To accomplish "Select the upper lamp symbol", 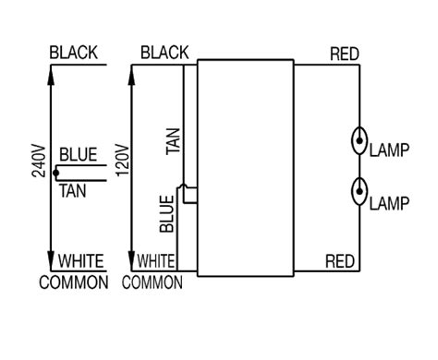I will point(357,143).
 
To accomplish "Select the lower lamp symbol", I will point(357,194).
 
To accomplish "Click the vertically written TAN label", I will point(173,141).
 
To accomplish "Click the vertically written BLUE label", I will point(166,212).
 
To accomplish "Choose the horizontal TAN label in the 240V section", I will point(73,191).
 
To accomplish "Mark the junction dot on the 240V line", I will point(55,173).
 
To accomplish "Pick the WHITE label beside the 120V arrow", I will point(159,261).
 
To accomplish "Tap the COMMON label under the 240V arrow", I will point(73,282).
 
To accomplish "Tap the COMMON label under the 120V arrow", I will point(152,282).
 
